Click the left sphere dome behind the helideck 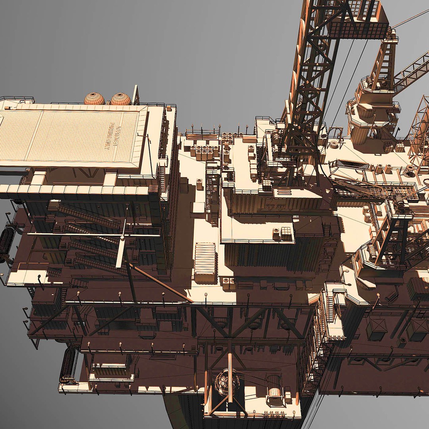pos(94,99)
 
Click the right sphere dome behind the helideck pos(121,99)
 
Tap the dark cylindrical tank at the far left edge pos(7,241)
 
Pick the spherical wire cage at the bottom pos(227,382)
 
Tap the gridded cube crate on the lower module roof pos(286,234)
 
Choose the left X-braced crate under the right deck pos(376,329)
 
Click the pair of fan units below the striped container pos(229,283)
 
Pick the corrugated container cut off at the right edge pos(419,288)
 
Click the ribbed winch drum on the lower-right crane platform pos(372,252)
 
